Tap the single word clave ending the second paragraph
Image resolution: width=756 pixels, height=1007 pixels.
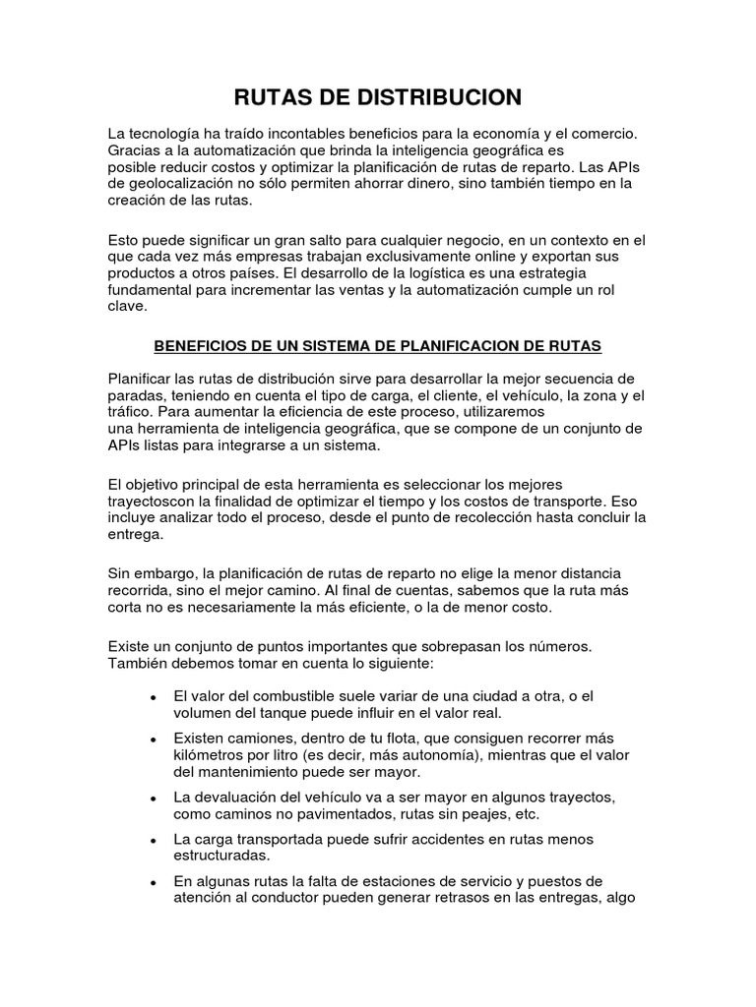(x=127, y=306)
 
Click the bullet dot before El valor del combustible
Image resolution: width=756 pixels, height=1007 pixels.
(x=153, y=697)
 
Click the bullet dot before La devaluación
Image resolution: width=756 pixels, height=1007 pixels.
(x=153, y=799)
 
